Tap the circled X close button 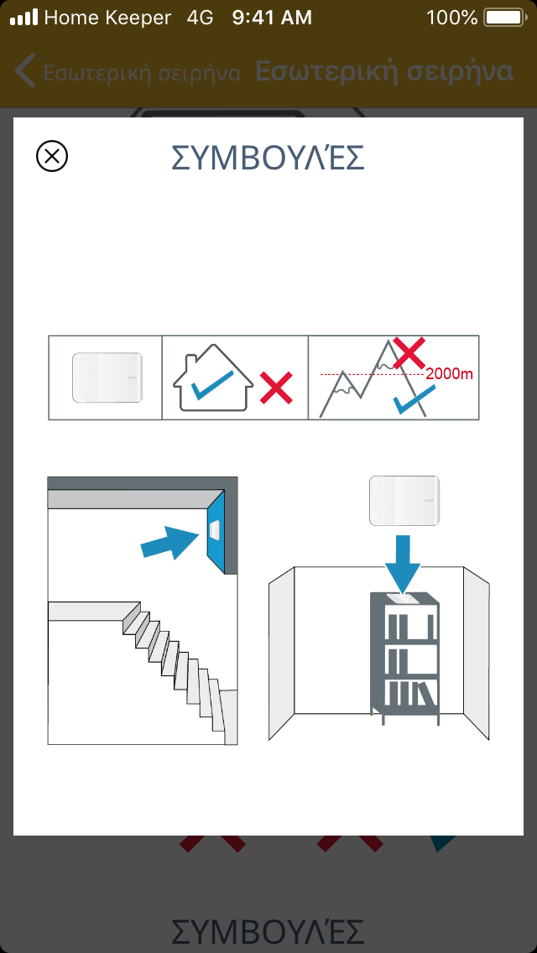[52, 156]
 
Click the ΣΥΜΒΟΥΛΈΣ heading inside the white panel [268, 158]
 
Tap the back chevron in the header [25, 71]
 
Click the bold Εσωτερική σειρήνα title [384, 71]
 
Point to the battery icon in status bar [503, 18]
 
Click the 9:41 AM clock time [272, 18]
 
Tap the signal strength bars [23, 18]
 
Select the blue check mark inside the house [212, 385]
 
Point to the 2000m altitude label [450, 374]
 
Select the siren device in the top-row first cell [107, 378]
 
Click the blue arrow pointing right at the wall [171, 542]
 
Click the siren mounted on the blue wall [214, 529]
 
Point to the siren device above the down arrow [404, 501]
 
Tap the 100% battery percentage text [452, 18]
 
